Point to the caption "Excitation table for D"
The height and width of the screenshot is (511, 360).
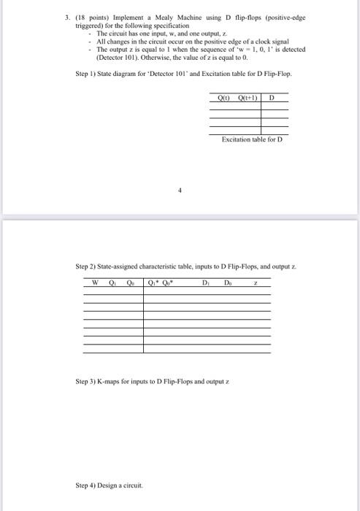point(251,139)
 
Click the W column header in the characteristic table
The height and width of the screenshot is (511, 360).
point(95,283)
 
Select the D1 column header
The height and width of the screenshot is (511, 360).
point(205,283)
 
